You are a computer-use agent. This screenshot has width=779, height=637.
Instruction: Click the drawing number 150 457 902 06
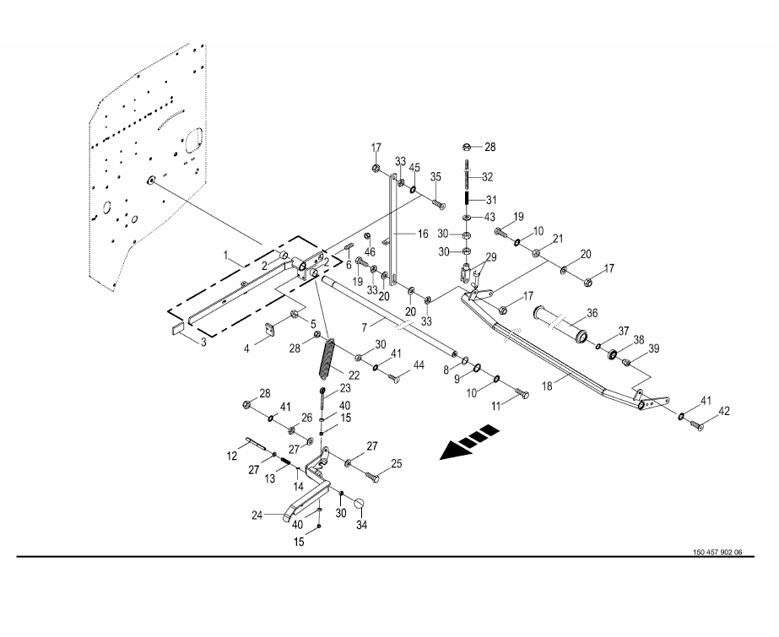[717, 553]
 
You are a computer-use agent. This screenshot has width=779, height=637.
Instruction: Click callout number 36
[591, 312]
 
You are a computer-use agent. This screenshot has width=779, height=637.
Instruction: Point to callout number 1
[226, 254]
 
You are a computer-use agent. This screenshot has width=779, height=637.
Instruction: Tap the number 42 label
[723, 412]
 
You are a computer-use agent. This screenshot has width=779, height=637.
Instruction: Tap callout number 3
[202, 342]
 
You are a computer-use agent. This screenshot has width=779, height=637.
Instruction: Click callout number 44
[417, 366]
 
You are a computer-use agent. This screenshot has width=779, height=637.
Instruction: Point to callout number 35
[435, 176]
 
